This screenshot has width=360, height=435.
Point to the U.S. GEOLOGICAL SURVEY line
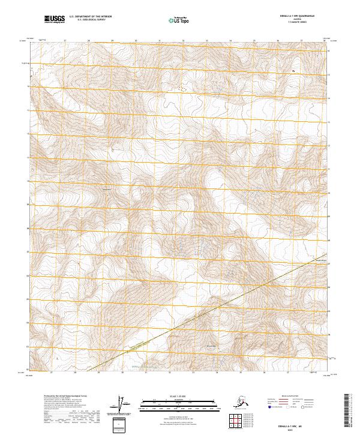tap(87, 21)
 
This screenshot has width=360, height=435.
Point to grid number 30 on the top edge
tap(136, 41)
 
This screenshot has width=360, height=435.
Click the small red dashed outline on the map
tap(181, 88)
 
